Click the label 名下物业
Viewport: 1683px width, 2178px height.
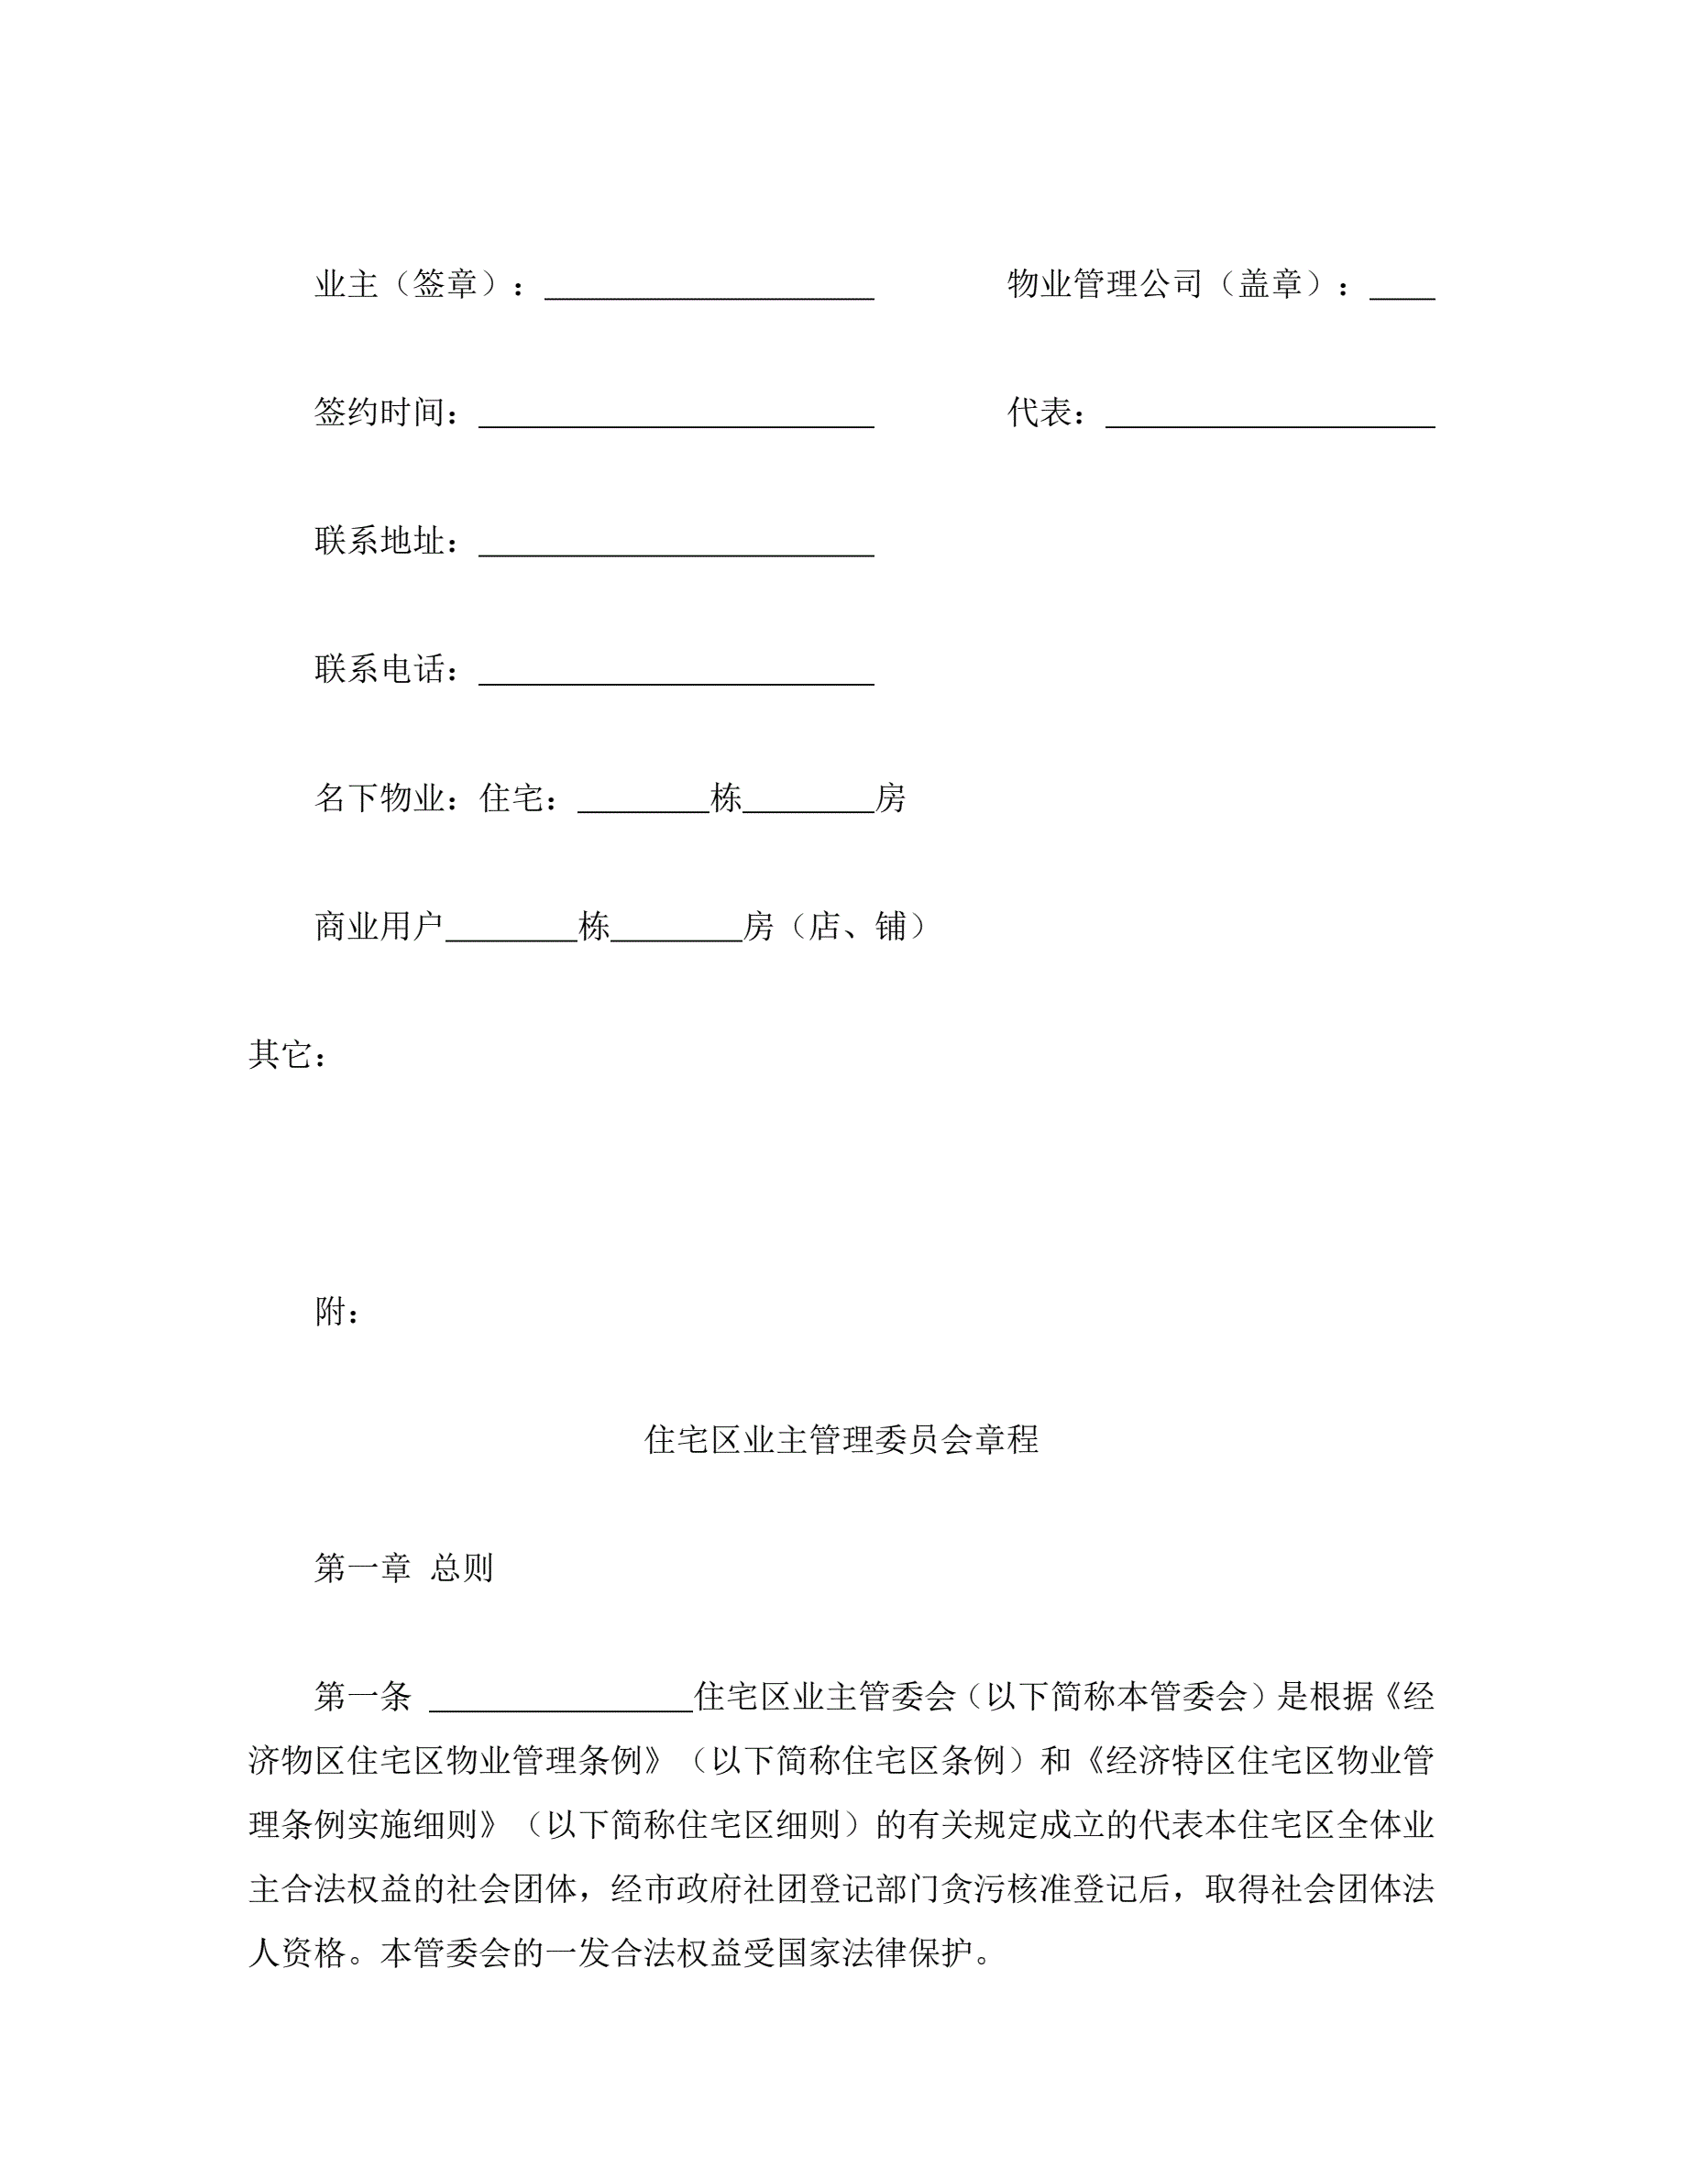(x=379, y=797)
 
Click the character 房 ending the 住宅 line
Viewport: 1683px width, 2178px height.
(x=890, y=797)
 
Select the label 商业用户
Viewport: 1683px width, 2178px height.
(x=379, y=927)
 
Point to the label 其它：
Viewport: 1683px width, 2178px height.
(x=288, y=1055)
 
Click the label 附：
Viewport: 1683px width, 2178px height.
(x=337, y=1313)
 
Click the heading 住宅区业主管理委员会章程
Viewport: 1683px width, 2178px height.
(x=841, y=1440)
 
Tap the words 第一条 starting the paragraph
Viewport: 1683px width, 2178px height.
(x=363, y=1698)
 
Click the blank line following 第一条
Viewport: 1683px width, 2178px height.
(x=561, y=1700)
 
